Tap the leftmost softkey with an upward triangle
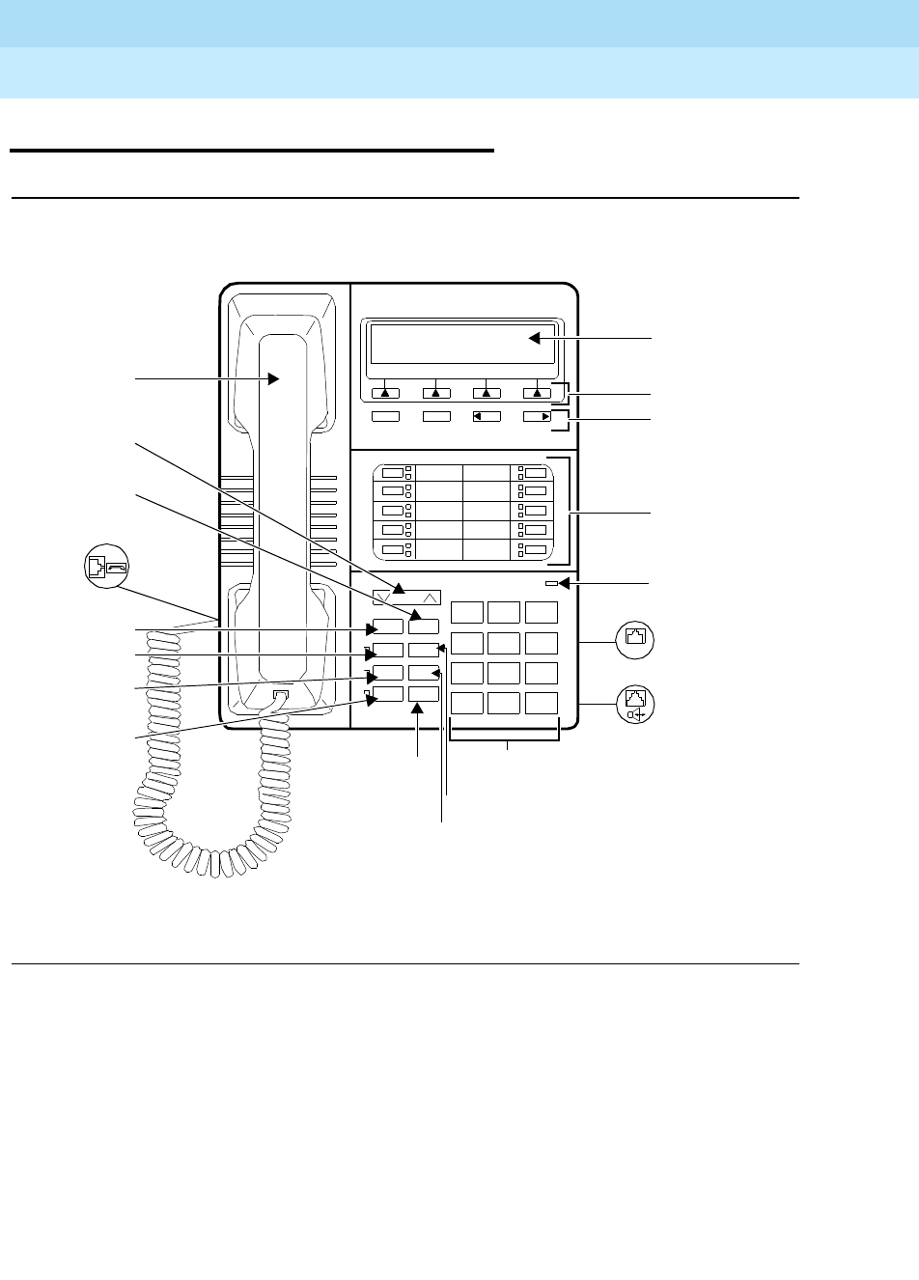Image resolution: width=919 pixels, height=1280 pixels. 385,393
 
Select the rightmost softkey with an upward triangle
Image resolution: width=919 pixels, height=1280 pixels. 537,393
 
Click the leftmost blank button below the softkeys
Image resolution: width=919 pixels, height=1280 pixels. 385,417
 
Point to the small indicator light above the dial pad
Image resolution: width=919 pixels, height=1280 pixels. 550,583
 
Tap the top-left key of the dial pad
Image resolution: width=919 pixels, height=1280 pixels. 467,612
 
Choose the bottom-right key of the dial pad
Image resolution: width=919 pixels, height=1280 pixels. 543,703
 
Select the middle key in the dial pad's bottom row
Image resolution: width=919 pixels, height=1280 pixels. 504,703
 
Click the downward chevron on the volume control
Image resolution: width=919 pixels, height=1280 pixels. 385,597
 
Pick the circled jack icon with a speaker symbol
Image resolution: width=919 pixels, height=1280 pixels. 635,703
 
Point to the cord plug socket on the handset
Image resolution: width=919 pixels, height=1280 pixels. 280,694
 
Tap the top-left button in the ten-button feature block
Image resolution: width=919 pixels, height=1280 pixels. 392,473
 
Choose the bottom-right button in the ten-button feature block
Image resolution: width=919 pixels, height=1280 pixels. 535,549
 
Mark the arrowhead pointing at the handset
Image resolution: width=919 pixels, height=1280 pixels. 273,379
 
